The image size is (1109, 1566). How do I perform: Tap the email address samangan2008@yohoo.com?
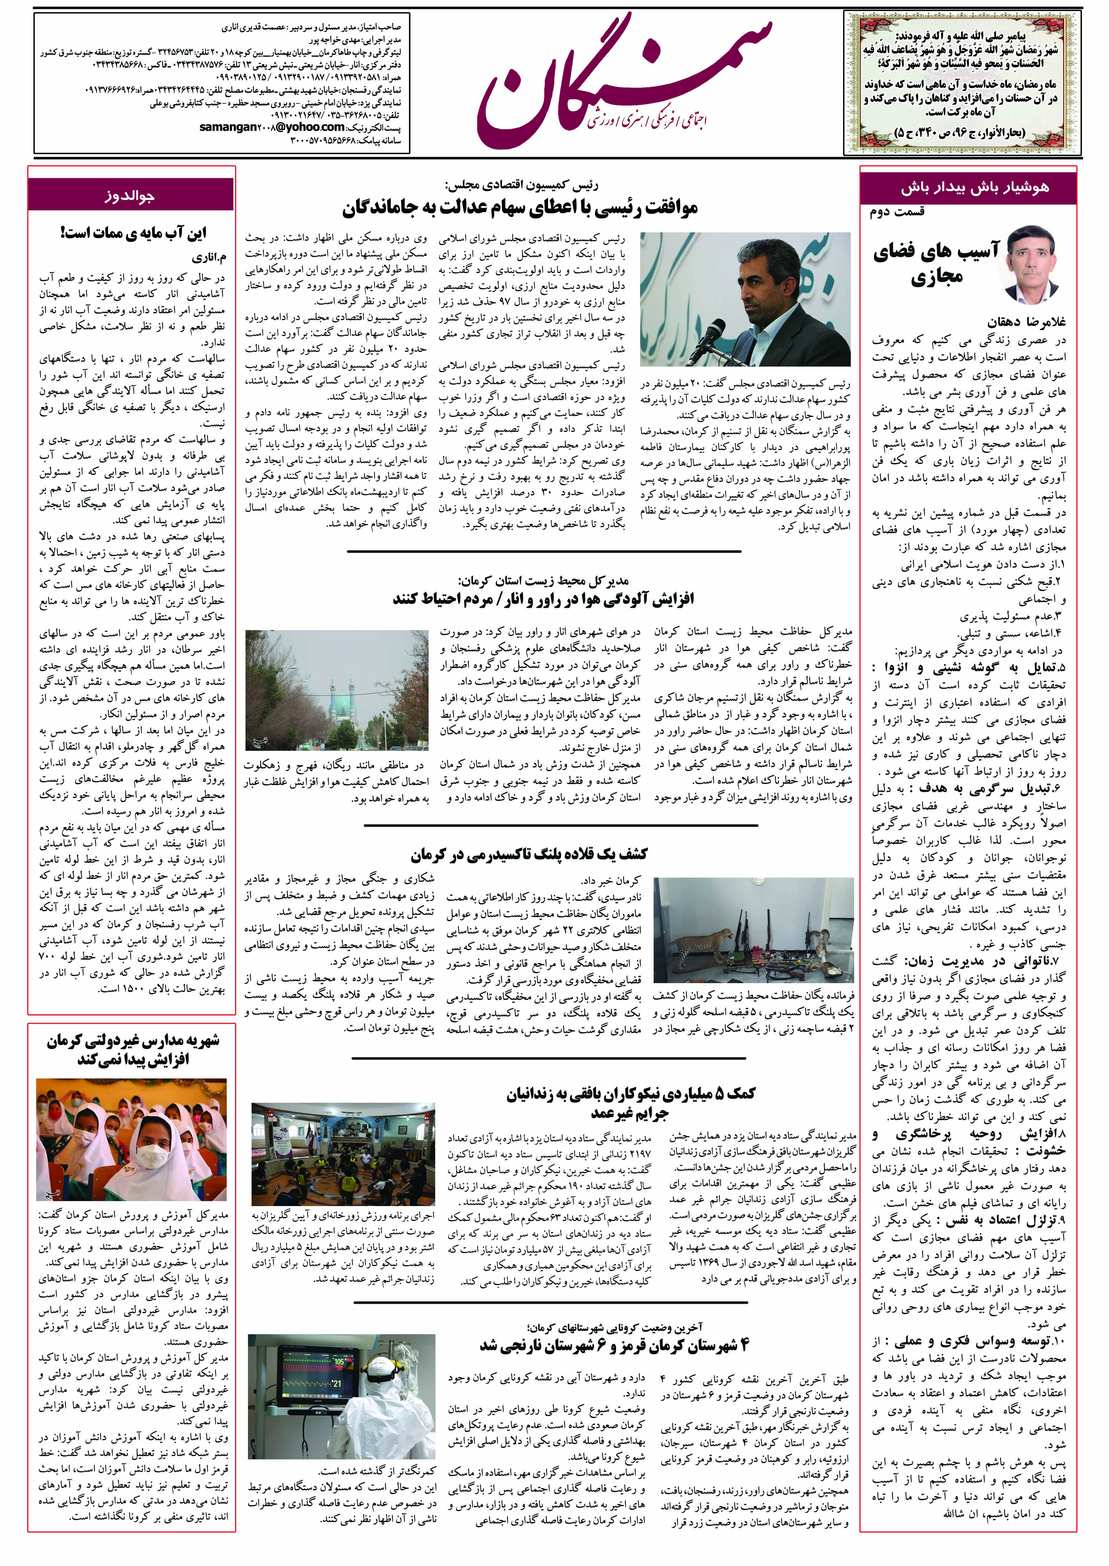coord(272,127)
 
